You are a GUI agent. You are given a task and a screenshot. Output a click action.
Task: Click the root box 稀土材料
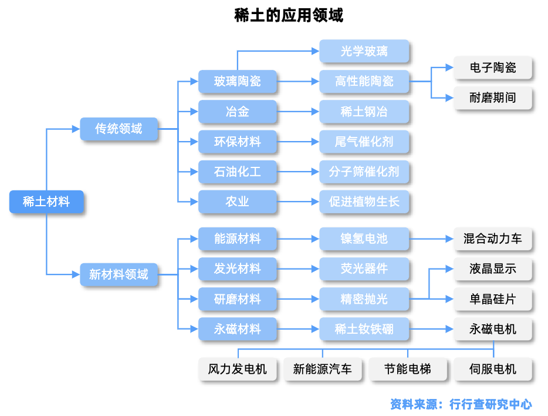coord(46,202)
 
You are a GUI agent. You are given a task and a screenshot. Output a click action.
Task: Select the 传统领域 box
coord(119,129)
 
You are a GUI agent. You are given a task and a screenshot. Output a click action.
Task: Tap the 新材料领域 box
coord(119,274)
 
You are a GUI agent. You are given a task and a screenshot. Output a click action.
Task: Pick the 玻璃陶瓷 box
coord(237,81)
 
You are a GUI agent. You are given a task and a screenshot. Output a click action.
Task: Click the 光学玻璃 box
coord(364,51)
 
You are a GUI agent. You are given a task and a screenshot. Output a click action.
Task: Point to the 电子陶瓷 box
coord(493,68)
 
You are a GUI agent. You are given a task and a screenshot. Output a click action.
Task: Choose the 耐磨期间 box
coord(493,98)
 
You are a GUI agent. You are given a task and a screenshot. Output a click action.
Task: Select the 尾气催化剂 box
coord(364,142)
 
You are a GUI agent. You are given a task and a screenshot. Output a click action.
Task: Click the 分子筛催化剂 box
coord(364,172)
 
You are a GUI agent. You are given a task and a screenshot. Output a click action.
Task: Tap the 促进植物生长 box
coord(364,202)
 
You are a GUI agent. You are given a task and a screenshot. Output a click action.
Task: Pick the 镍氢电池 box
coord(364,239)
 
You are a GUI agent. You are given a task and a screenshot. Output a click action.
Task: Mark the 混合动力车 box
coord(493,239)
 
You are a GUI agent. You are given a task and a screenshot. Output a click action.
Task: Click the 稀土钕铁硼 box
coord(364,329)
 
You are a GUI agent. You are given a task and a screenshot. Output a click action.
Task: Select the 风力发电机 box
coord(237,369)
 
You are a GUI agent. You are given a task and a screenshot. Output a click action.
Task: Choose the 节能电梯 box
coord(408,369)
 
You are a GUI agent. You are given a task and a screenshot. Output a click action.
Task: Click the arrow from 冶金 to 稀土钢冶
coord(298,112)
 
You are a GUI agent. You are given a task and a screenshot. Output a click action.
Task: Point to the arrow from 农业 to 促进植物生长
coord(298,202)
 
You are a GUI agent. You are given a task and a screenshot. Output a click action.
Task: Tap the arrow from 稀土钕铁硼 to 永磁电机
coord(431,329)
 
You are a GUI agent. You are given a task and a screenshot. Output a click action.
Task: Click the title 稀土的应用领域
coord(289,15)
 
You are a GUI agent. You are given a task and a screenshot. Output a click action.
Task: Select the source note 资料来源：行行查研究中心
coord(461,404)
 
